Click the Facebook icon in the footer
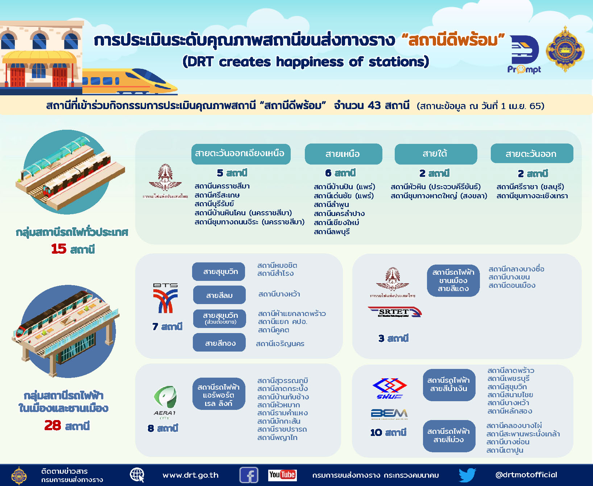[x=249, y=475]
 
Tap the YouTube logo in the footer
[x=282, y=475]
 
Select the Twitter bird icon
[x=467, y=475]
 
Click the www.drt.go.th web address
[x=191, y=475]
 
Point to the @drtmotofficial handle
[x=526, y=475]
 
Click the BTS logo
[x=165, y=298]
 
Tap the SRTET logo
[x=395, y=312]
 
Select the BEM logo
[x=389, y=414]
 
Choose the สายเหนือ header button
[x=343, y=154]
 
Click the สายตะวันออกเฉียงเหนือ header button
[x=241, y=154]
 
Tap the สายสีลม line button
[x=219, y=295]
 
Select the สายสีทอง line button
[x=219, y=343]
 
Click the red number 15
[x=59, y=249]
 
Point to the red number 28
[x=53, y=425]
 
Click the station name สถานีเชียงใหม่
[x=336, y=223]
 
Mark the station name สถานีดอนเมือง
[x=512, y=286]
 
